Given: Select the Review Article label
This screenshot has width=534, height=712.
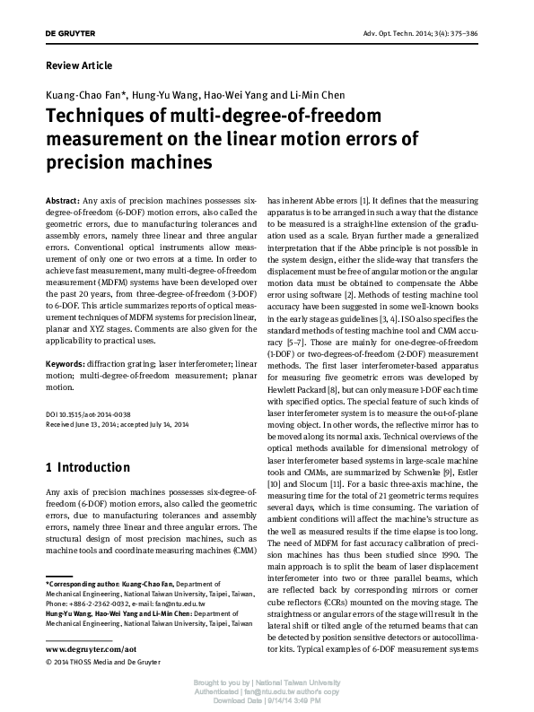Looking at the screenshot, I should (79, 65).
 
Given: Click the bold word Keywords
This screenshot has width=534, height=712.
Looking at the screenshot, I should (66, 365).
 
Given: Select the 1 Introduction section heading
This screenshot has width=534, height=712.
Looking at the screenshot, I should (87, 467).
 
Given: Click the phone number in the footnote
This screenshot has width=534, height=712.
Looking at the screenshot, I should (97, 604).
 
